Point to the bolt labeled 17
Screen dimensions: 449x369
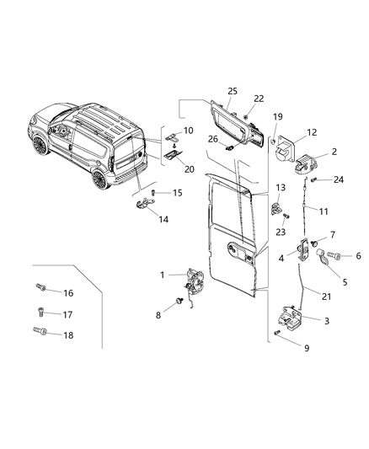(43, 313)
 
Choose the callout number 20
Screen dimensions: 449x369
(190, 168)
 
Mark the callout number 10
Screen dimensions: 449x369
(188, 131)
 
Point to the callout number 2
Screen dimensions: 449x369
(334, 152)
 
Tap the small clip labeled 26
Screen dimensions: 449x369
(228, 146)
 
